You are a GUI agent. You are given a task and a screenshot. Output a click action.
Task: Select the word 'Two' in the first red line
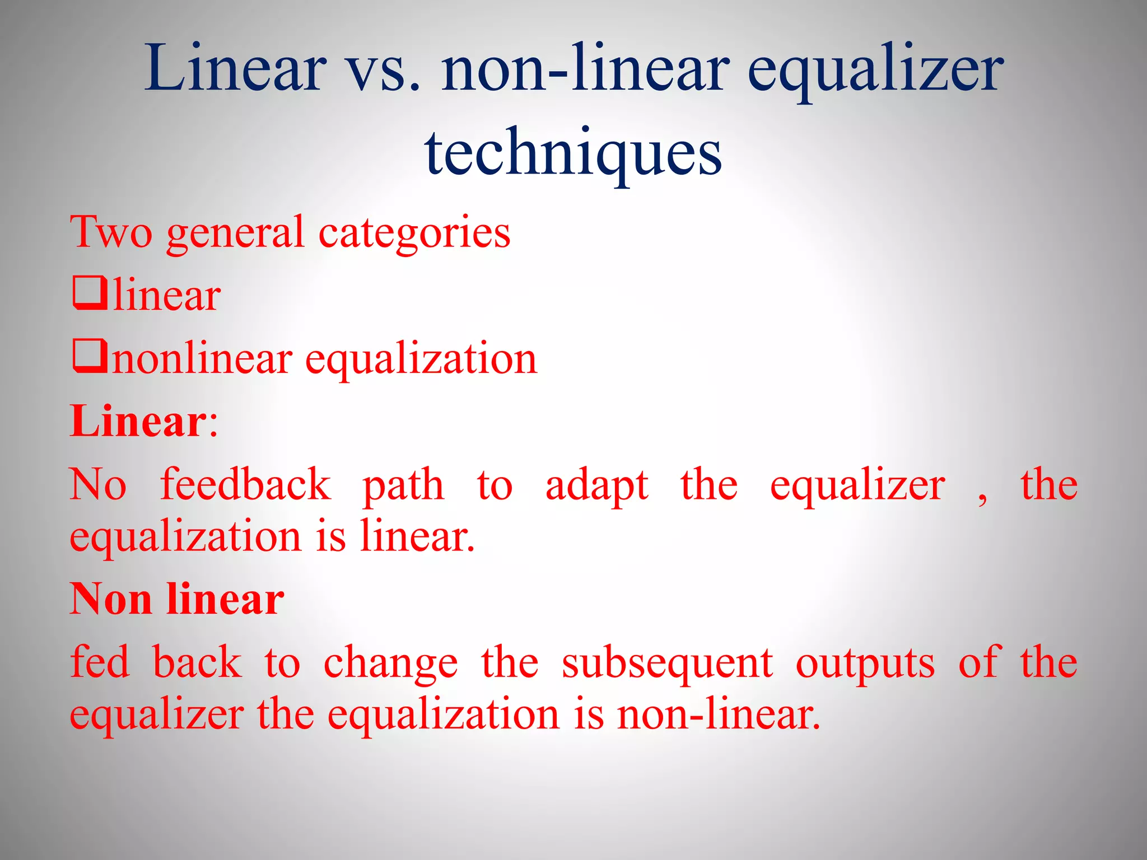point(111,232)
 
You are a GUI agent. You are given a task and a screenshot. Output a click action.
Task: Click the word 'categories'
point(414,233)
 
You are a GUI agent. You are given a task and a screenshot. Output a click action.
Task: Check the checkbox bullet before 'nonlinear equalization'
point(90,357)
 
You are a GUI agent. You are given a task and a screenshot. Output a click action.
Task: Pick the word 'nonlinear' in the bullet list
point(202,358)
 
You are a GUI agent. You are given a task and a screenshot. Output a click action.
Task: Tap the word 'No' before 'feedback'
point(98,485)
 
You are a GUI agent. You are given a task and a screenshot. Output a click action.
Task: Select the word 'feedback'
point(245,484)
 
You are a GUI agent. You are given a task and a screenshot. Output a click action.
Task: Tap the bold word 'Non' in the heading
point(111,599)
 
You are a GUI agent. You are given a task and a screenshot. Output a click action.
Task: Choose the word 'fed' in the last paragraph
point(100,662)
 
